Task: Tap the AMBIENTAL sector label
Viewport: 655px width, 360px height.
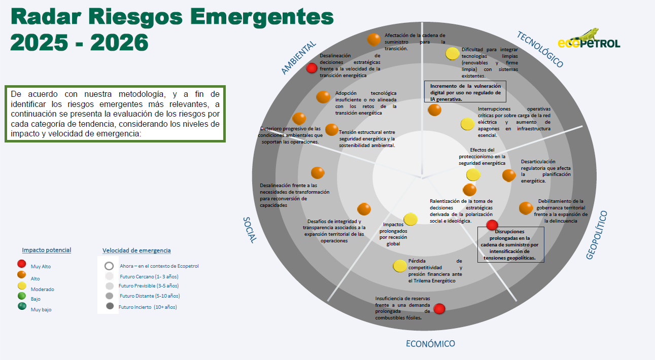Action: (x=298, y=57)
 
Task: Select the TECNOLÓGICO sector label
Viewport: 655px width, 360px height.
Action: (x=540, y=49)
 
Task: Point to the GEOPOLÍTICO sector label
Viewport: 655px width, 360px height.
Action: (x=597, y=235)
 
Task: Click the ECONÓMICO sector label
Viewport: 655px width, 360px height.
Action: (x=430, y=344)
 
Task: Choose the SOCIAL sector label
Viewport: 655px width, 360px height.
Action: (x=250, y=230)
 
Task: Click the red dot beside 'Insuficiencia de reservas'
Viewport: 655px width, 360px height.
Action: (x=439, y=309)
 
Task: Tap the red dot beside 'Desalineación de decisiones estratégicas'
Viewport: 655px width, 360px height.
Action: (x=312, y=68)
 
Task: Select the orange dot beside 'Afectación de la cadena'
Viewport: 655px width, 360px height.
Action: (x=373, y=40)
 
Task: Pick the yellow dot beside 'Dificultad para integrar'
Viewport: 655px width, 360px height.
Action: (x=453, y=53)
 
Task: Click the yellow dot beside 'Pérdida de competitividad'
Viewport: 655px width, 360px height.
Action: (x=400, y=266)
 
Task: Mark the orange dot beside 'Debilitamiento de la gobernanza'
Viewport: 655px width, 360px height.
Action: (x=526, y=208)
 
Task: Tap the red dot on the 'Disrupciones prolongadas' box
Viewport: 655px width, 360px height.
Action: (x=492, y=225)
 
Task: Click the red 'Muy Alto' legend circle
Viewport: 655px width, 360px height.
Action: (x=22, y=264)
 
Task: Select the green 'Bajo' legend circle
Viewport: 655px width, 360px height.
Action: (x=22, y=296)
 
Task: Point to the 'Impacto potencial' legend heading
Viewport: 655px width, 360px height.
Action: (x=47, y=250)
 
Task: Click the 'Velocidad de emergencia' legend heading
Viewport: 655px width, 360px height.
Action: (x=136, y=250)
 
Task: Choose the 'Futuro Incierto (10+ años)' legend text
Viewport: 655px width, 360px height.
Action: (x=148, y=307)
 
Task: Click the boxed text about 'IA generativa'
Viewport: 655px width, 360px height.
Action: (x=465, y=92)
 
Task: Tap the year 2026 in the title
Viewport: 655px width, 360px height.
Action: (x=119, y=43)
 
